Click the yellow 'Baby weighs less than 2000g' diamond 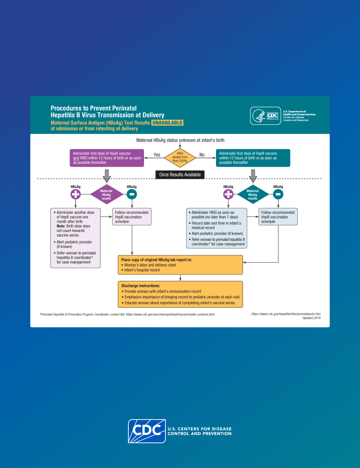click(180, 157)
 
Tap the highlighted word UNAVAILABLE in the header click(167, 123)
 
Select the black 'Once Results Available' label click(180, 175)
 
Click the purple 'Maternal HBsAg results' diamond click(106, 195)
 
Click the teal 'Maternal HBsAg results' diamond click(253, 195)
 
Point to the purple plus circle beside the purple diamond click(76, 194)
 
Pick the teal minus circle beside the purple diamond click(132, 194)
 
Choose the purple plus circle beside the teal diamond click(228, 194)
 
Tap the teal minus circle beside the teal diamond click(278, 194)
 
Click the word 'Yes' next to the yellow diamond click(157, 155)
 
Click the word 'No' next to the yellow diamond click(202, 155)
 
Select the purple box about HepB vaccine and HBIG click(107, 158)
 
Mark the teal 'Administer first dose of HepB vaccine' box click(253, 158)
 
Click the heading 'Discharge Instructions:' click(141, 286)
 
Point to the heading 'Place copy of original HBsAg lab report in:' click(156, 260)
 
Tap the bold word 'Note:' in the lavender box click(61, 226)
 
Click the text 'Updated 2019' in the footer click(311, 318)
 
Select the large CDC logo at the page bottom click(147, 431)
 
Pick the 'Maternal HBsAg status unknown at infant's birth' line click(180, 140)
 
